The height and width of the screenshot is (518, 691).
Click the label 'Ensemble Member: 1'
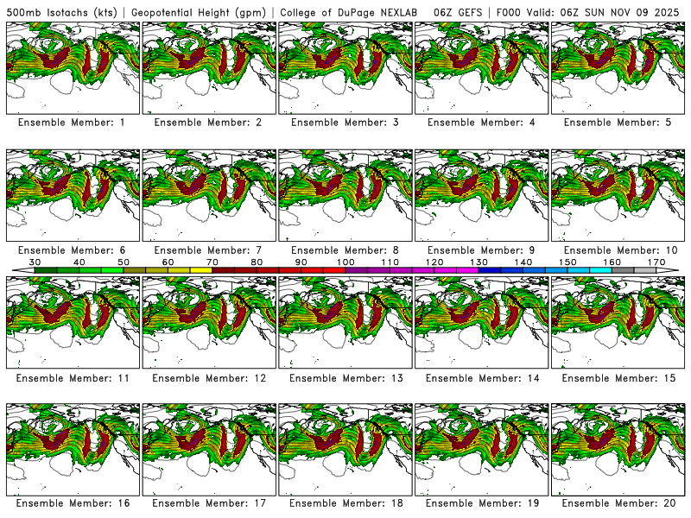[x=72, y=123]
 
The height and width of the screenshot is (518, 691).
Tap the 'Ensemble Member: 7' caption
[x=208, y=250]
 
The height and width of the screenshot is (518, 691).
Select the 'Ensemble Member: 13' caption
[x=345, y=379]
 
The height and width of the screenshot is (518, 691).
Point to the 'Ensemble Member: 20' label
[x=618, y=503]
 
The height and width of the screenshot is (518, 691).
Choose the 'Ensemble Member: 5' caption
[x=618, y=123]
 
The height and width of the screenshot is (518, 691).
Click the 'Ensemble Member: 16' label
[x=72, y=503]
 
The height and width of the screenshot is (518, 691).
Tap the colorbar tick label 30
[x=35, y=262]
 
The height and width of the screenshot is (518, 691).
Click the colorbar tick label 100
[x=345, y=262]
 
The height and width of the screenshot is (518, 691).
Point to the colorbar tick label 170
[x=656, y=262]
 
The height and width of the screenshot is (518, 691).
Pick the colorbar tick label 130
[x=479, y=262]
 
